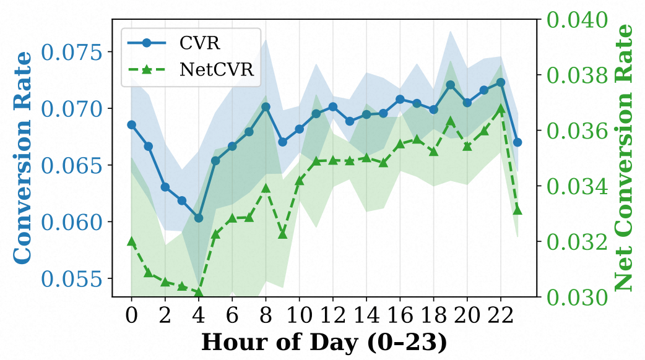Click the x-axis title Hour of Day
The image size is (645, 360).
(x=324, y=342)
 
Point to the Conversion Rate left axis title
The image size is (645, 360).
(x=23, y=156)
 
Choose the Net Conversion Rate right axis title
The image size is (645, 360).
(x=626, y=158)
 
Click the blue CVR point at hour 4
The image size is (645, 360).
(x=199, y=218)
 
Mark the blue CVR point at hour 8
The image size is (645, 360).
(x=266, y=106)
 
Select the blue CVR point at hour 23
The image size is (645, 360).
(x=517, y=142)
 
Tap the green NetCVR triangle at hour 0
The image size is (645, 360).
(x=131, y=241)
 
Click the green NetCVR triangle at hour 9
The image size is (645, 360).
(x=282, y=234)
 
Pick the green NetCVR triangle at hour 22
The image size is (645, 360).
(x=501, y=109)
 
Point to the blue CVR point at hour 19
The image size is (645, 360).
(x=451, y=85)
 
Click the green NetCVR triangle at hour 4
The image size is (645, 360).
(x=199, y=292)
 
